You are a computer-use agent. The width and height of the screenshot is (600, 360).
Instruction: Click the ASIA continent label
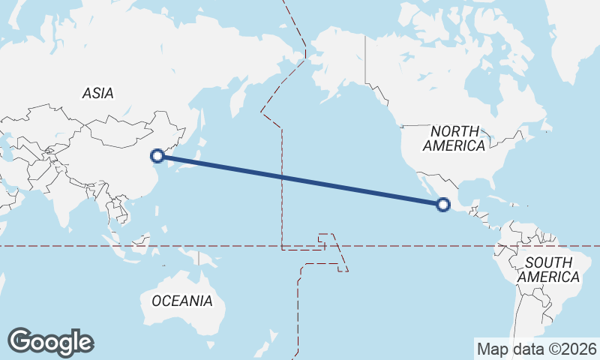[x=98, y=94]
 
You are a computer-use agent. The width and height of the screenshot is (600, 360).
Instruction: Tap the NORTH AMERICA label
[x=454, y=139]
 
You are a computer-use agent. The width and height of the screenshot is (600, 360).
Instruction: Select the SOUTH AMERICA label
[x=549, y=270]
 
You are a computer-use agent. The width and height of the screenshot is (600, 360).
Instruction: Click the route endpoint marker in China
[x=157, y=156]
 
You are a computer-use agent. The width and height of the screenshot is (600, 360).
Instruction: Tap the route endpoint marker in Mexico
[x=443, y=203]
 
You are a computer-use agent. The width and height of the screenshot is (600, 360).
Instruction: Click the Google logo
[x=50, y=342]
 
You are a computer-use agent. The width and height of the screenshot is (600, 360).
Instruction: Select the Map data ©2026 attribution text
[x=536, y=349]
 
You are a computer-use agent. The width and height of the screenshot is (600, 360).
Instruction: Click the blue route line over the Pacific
[x=300, y=180]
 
